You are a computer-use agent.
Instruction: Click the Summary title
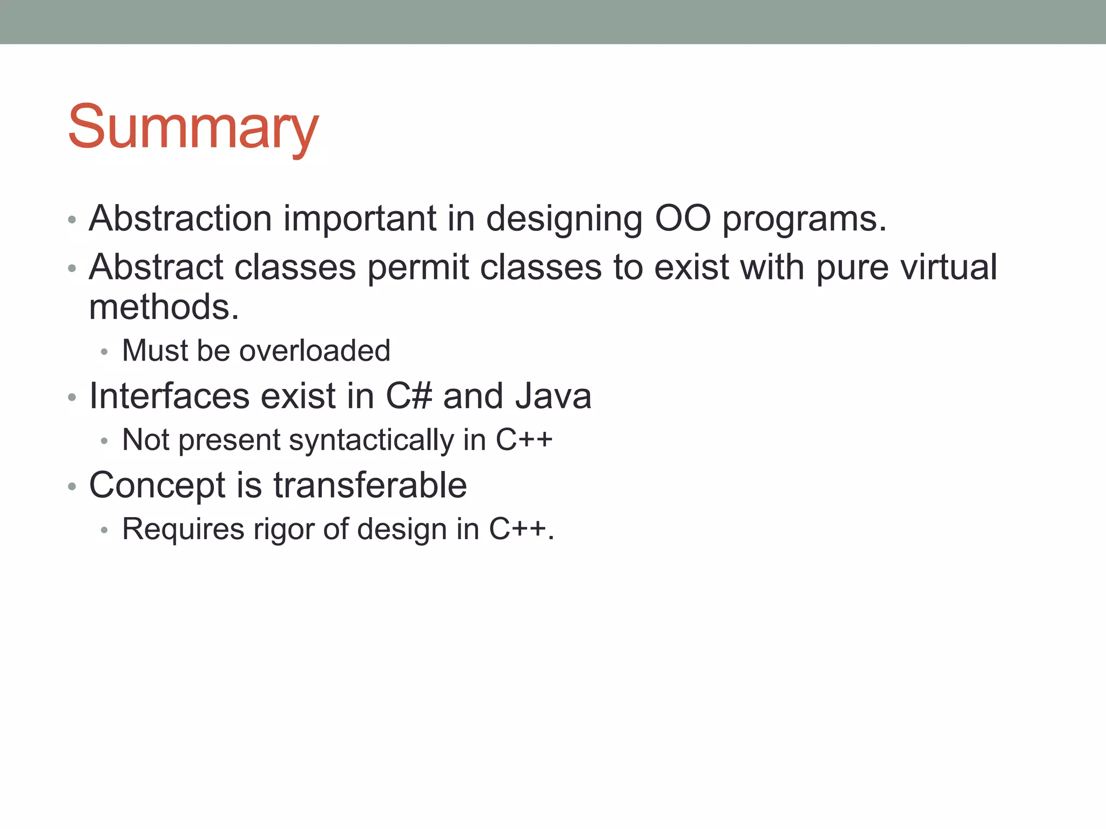pyautogui.click(x=193, y=127)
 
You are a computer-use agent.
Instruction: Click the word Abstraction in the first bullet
pyautogui.click(x=180, y=219)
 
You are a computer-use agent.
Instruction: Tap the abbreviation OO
pyautogui.click(x=683, y=219)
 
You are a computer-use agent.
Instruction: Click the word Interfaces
pyautogui.click(x=169, y=396)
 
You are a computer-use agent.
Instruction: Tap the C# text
pyautogui.click(x=409, y=396)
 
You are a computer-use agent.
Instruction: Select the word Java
pyautogui.click(x=553, y=396)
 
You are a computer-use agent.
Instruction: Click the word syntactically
pyautogui.click(x=372, y=440)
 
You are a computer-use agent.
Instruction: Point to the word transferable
pyautogui.click(x=370, y=485)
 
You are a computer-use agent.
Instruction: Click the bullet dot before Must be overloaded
pyautogui.click(x=104, y=352)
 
